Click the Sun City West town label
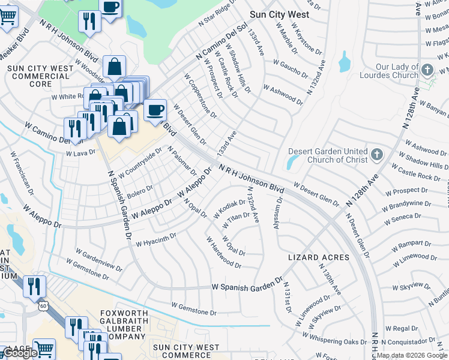279,14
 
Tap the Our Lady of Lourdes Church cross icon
427,70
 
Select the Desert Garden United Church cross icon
376,155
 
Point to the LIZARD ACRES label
319,257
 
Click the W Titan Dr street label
236,220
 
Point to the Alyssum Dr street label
277,211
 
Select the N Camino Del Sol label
221,43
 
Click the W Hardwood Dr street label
223,253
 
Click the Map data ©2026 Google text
412,355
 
